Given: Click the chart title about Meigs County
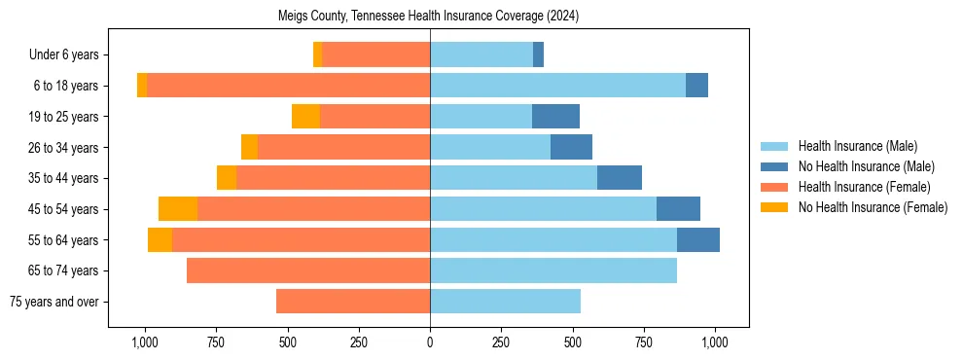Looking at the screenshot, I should pos(428,16).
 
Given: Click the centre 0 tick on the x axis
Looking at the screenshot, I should pos(430,342).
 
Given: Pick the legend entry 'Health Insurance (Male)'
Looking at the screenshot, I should pos(856,146).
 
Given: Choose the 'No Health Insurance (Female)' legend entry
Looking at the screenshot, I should pos(872,207).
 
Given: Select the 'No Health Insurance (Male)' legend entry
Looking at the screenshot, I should pos(865,166).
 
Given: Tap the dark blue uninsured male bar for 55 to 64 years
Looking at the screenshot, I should pos(697,239).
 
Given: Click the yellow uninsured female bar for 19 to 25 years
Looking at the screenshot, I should pos(305,117).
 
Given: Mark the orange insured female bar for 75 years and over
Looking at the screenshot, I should pos(353,302).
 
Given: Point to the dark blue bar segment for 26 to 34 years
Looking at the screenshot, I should pos(571,147).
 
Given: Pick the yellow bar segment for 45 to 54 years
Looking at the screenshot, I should pos(178,209).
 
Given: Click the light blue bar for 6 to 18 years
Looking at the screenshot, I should pos(557,86).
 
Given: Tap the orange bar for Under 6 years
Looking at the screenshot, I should pos(375,55).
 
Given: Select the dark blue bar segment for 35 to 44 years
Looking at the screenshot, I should pos(619,178).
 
